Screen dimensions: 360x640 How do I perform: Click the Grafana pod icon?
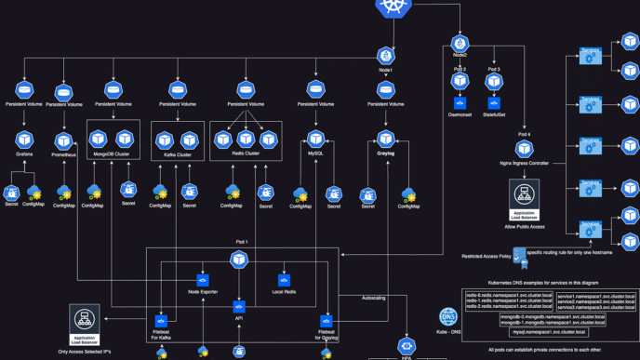tap(24, 139)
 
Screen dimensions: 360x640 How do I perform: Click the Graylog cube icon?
tap(386, 140)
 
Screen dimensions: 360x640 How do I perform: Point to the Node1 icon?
tap(386, 56)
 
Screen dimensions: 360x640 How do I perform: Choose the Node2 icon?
tap(460, 43)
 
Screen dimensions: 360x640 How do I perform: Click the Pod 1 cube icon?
tap(239, 258)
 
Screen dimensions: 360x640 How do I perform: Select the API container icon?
tap(239, 306)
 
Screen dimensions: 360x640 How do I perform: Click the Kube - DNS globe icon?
tap(447, 316)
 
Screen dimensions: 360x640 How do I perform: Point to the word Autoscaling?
tap(377, 298)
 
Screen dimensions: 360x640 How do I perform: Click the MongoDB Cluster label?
tap(113, 155)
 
